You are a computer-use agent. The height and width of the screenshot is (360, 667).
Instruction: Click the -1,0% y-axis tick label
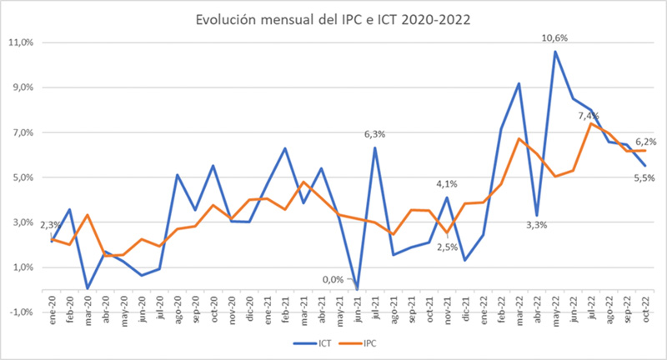coord(20,312)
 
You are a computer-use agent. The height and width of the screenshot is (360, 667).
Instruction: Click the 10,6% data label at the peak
coord(554,37)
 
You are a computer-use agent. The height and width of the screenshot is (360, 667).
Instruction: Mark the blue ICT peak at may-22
coord(555,52)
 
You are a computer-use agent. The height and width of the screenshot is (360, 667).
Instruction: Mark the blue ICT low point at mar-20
coord(88,289)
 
